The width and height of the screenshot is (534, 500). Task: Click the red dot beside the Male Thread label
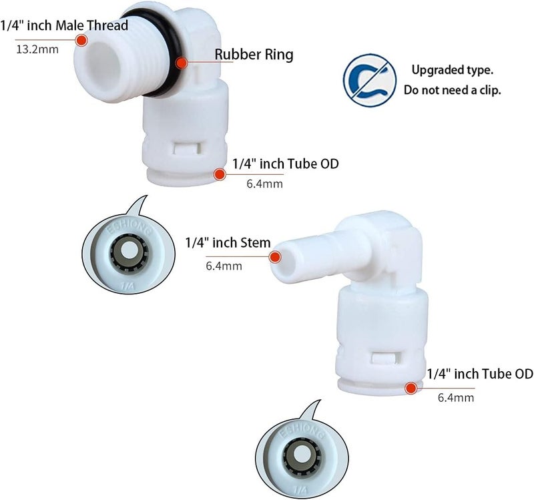pos(81,40)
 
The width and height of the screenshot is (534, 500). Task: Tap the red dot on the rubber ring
pos(182,63)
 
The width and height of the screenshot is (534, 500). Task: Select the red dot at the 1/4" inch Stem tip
pos(275,257)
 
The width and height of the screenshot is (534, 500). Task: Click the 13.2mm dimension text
pos(37,49)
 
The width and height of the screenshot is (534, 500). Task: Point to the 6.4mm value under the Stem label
pos(224,266)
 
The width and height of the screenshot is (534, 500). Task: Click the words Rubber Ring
pos(254,55)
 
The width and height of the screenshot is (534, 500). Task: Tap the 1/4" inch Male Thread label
pos(64,25)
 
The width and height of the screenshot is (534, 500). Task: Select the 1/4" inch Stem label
pos(228,243)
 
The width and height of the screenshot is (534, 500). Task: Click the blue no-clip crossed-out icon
pos(370,80)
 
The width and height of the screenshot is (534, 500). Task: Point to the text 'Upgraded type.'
pos(453,70)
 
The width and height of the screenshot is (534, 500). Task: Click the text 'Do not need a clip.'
pos(453,90)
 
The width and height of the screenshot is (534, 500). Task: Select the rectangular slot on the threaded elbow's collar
pos(187,148)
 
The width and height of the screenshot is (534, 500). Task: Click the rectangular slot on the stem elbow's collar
pos(383,358)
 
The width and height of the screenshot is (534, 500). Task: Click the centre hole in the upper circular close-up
pos(129,252)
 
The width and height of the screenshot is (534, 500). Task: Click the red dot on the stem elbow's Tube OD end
pos(411,389)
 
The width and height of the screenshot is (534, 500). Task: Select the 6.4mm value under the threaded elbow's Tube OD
pos(264,184)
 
